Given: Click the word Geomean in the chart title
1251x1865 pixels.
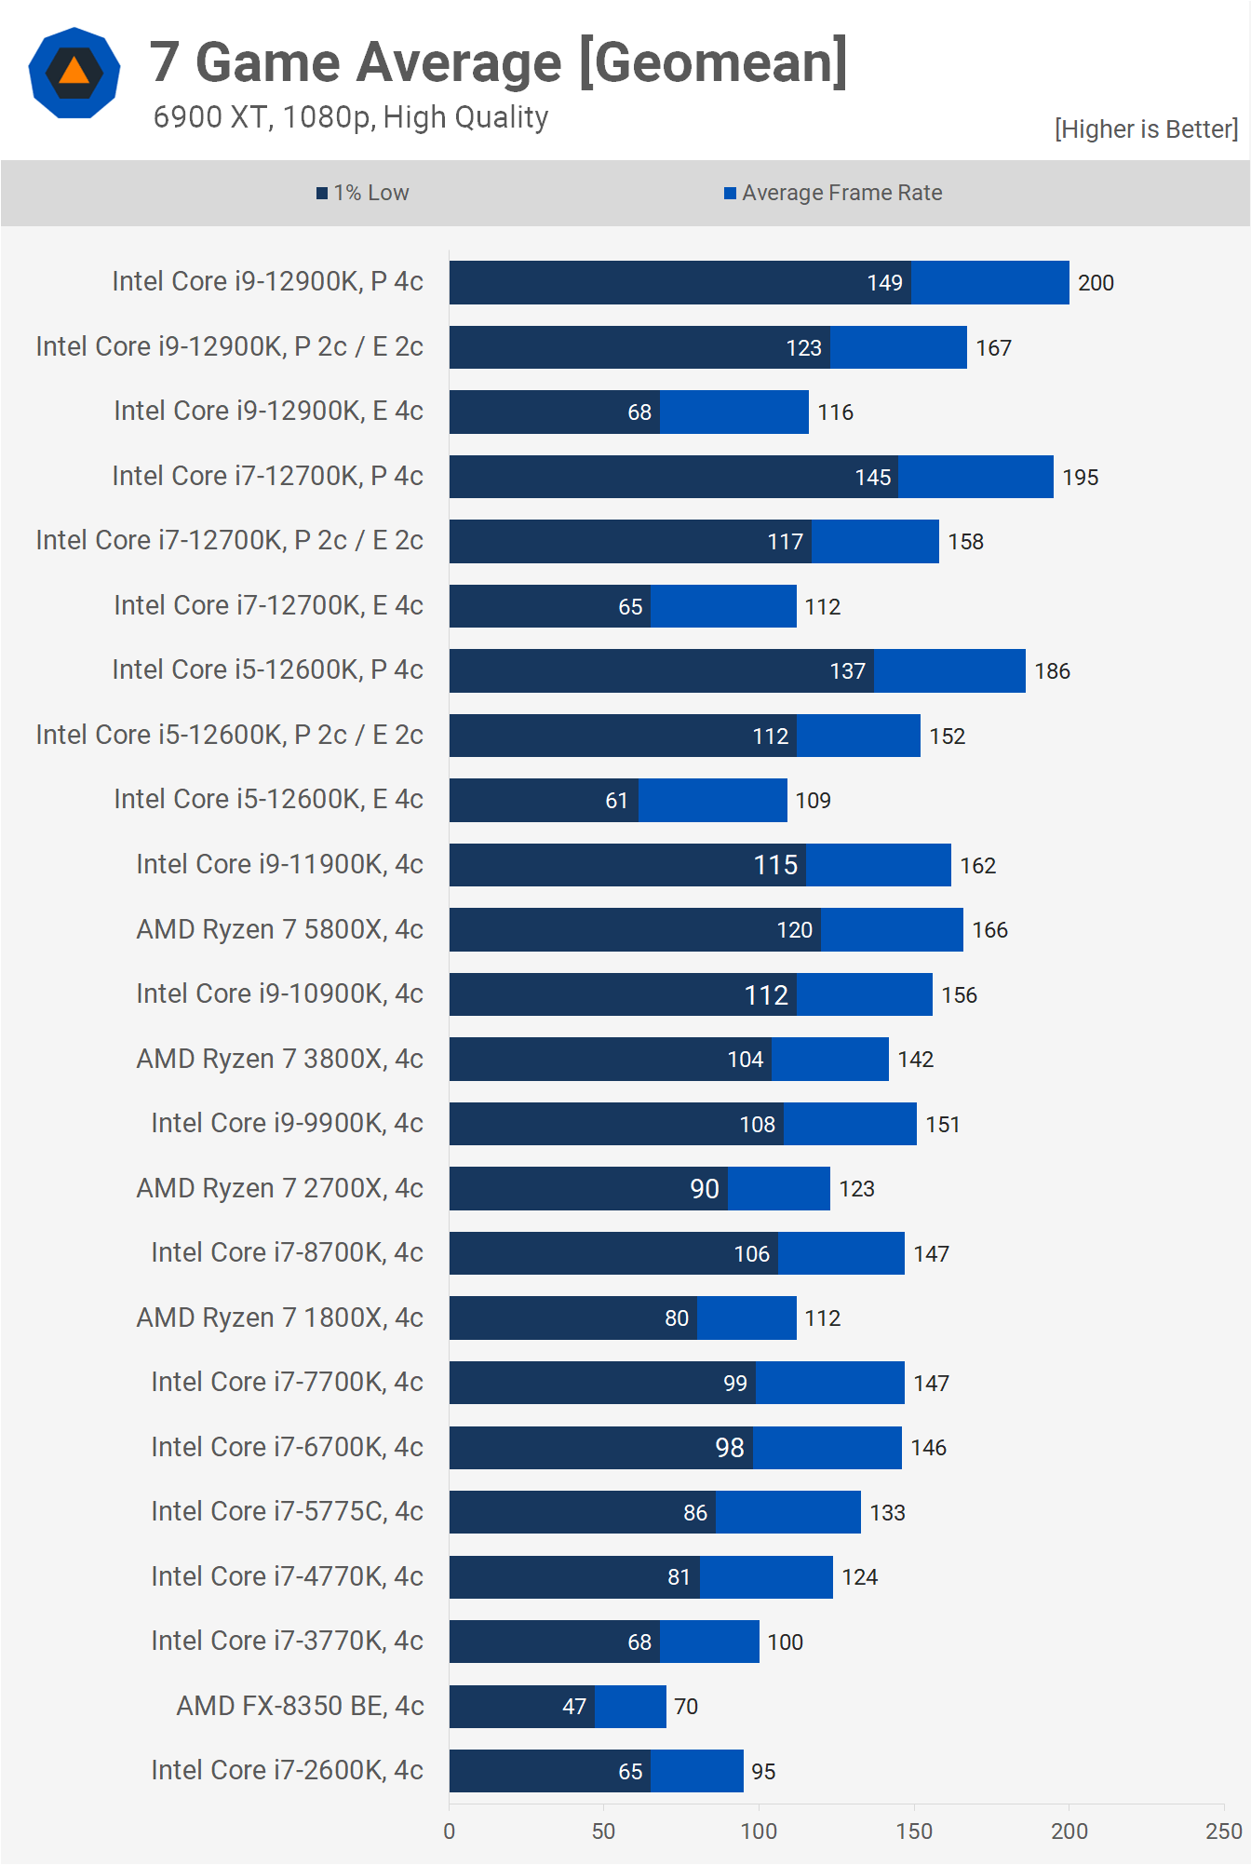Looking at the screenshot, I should click(x=712, y=62).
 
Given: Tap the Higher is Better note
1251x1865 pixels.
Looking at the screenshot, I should click(x=1146, y=129).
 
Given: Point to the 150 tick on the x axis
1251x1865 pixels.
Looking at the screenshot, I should click(x=914, y=1831).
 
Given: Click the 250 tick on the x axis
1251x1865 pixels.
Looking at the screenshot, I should click(x=1223, y=1831).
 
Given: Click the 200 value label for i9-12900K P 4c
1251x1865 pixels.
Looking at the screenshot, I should click(x=1096, y=283).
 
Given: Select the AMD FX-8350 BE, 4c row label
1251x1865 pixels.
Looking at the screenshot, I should click(x=300, y=1706).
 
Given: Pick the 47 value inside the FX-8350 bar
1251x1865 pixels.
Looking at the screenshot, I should click(x=574, y=1707).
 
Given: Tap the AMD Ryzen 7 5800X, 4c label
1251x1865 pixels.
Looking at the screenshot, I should click(x=279, y=929).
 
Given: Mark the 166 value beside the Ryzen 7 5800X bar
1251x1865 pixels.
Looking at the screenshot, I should click(x=989, y=930).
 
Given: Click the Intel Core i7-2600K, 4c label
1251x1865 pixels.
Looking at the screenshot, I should click(x=287, y=1770).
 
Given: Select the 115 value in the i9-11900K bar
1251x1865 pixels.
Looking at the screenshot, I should click(x=775, y=865).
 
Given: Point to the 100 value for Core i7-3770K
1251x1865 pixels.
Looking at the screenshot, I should click(x=785, y=1642).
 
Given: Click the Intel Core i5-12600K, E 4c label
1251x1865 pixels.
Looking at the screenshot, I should click(x=268, y=799).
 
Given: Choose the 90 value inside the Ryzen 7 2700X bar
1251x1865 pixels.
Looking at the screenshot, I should click(x=704, y=1189).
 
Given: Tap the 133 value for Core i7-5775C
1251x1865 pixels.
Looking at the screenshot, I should click(x=887, y=1513).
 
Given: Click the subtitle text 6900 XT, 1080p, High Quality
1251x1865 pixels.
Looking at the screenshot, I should click(x=350, y=117).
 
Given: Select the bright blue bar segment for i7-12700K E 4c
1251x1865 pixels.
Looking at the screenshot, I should click(x=723, y=606).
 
